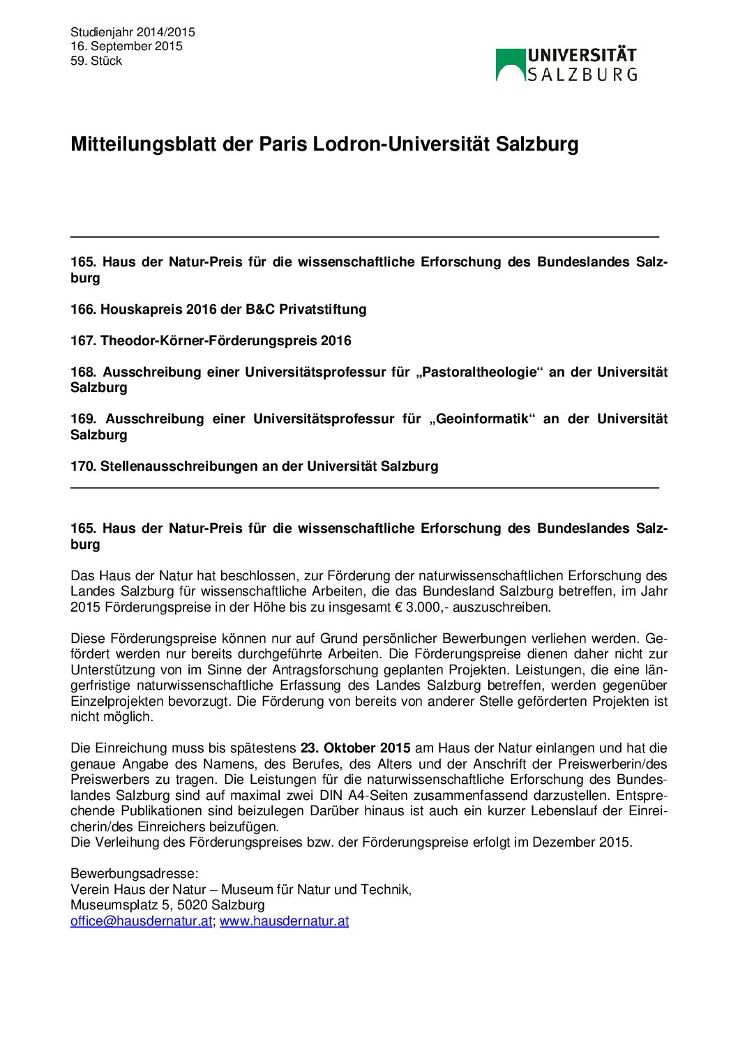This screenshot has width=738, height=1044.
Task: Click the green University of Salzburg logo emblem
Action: click(510, 64)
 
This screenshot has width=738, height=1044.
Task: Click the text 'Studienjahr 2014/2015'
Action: click(133, 32)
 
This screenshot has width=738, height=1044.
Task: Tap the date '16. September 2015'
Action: click(126, 46)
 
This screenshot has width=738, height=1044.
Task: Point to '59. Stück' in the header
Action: click(96, 61)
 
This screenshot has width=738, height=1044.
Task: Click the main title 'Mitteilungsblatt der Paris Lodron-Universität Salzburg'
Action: click(324, 144)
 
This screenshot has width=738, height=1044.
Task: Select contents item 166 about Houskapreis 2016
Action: click(218, 309)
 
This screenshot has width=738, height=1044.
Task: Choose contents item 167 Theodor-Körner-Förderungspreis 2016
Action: click(211, 340)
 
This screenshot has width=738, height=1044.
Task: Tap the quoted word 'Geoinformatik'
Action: click(481, 418)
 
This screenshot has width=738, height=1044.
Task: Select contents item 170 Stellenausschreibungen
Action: click(254, 466)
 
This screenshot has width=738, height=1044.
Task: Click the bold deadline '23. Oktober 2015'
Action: click(355, 748)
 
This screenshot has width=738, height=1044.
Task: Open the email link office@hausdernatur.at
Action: click(141, 921)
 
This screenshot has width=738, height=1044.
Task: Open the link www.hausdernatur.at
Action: click(284, 921)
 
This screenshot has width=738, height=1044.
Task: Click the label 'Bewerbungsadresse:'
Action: click(134, 874)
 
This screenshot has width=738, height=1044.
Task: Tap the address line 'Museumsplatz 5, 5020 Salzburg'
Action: click(167, 905)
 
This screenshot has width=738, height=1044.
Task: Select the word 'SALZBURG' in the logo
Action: click(582, 74)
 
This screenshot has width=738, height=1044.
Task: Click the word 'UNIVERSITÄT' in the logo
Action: click(582, 56)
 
